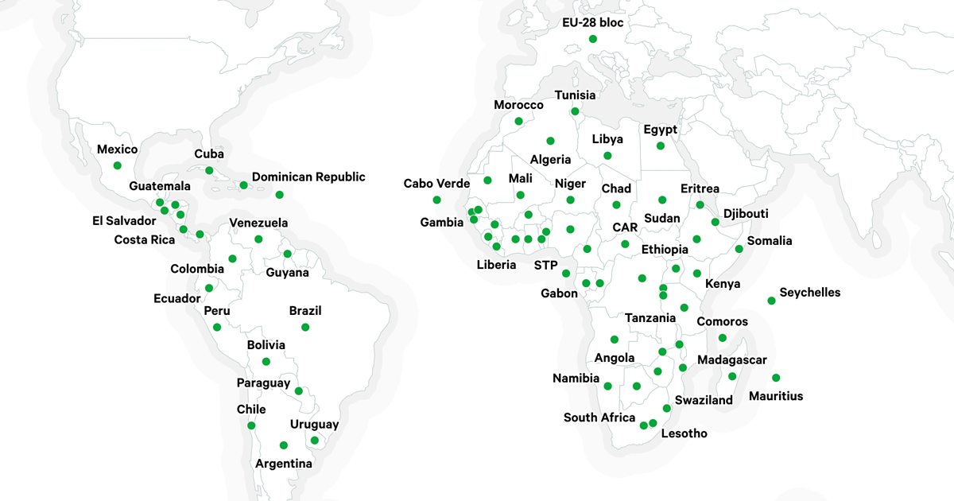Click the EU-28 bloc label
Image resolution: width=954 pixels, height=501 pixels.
tap(591, 22)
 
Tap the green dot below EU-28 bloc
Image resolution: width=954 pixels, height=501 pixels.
tap(592, 39)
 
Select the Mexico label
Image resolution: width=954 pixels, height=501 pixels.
tap(117, 150)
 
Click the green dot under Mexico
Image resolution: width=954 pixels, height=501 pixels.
tap(118, 165)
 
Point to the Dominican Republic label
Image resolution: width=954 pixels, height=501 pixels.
tap(308, 177)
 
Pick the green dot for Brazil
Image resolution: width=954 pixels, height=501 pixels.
tap(305, 327)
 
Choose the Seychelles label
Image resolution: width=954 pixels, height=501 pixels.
tap(809, 293)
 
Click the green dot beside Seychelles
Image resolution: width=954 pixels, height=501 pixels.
tap(771, 301)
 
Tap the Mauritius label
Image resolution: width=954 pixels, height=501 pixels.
tap(776, 396)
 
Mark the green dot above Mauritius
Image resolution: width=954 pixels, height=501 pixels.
tap(776, 378)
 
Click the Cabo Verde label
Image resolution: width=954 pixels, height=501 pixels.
tap(436, 184)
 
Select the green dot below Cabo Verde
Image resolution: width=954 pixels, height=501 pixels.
tap(436, 200)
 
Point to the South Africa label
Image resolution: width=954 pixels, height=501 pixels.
tap(599, 417)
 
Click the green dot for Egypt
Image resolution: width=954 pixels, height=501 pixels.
tap(661, 146)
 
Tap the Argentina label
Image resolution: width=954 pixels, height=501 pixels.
tap(284, 463)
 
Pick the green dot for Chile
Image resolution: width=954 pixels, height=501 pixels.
tap(251, 425)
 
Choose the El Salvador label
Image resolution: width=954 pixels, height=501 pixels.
tap(124, 221)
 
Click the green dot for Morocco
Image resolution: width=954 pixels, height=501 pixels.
tap(519, 122)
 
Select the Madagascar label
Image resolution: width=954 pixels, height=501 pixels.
tap(732, 360)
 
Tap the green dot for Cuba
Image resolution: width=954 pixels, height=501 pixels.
tap(209, 170)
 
